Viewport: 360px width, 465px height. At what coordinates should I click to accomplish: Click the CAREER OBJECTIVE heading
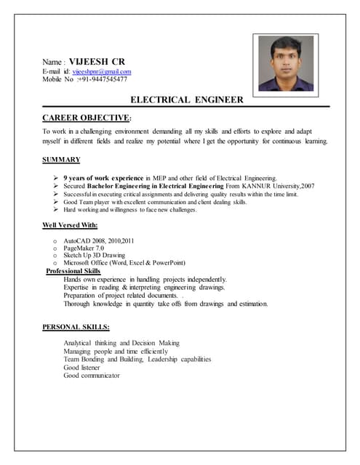coord(87,117)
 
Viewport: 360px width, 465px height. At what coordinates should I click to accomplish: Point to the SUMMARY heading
coord(61,159)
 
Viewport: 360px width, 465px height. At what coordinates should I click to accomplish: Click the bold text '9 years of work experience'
coord(103,177)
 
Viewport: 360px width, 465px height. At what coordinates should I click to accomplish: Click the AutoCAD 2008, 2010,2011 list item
coord(99,240)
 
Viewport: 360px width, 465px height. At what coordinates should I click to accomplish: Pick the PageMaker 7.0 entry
coord(84,248)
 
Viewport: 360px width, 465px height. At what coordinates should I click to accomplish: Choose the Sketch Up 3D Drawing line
coord(95,255)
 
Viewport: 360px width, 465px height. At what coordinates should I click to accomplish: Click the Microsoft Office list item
coord(124,262)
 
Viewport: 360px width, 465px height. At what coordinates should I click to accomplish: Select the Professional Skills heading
coord(73,270)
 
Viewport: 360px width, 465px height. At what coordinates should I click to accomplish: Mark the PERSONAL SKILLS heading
coord(76,327)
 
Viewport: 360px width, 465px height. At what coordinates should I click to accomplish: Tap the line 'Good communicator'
coord(92,376)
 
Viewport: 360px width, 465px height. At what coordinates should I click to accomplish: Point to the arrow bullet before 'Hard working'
coord(56,209)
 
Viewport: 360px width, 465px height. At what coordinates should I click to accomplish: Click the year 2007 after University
coord(308,186)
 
